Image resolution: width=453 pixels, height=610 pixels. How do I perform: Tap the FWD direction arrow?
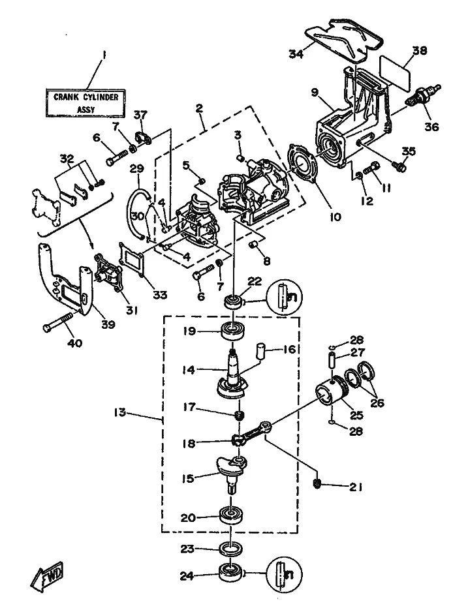pyautogui.click(x=45, y=577)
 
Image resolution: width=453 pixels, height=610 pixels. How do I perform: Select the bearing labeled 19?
pyautogui.click(x=233, y=330)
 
